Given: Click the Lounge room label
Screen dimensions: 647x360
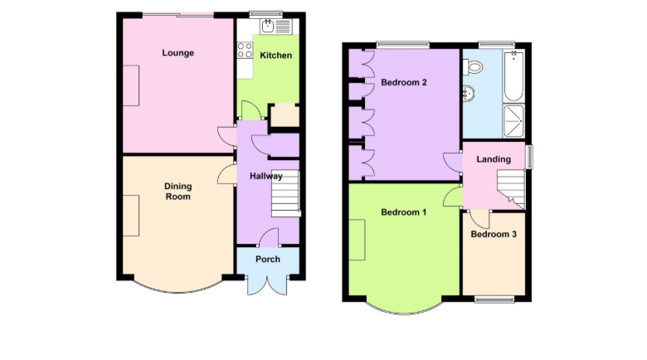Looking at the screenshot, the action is pyautogui.click(x=178, y=53).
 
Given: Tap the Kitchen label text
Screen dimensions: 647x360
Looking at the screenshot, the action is pyautogui.click(x=275, y=56).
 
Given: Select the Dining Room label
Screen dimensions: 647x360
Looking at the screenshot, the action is pyautogui.click(x=178, y=192).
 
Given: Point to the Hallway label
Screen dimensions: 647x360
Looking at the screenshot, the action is pyautogui.click(x=266, y=177).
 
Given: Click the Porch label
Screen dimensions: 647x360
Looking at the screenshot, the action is pyautogui.click(x=268, y=260).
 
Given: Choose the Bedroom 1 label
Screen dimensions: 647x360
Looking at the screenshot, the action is pyautogui.click(x=404, y=212).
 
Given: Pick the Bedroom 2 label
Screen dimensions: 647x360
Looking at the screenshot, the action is pyautogui.click(x=404, y=83).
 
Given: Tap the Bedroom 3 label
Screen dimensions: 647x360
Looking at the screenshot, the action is pyautogui.click(x=494, y=235).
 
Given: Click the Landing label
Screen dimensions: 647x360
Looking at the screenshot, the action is pyautogui.click(x=494, y=159).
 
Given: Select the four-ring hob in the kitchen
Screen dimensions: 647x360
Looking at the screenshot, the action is pyautogui.click(x=245, y=51).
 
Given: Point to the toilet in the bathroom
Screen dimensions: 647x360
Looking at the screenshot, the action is pyautogui.click(x=473, y=67).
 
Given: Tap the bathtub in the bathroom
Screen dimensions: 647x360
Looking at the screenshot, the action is pyautogui.click(x=513, y=76).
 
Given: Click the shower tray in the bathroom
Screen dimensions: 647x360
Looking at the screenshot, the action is pyautogui.click(x=513, y=121).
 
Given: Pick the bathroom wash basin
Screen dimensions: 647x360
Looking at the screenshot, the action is pyautogui.click(x=469, y=94).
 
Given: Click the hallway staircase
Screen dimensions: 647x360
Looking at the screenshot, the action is pyautogui.click(x=285, y=193).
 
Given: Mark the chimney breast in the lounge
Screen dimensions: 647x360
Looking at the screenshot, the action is pyautogui.click(x=131, y=85).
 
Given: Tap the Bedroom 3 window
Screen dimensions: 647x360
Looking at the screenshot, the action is pyautogui.click(x=494, y=299).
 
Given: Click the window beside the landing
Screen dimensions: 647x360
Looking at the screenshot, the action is pyautogui.click(x=528, y=157).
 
